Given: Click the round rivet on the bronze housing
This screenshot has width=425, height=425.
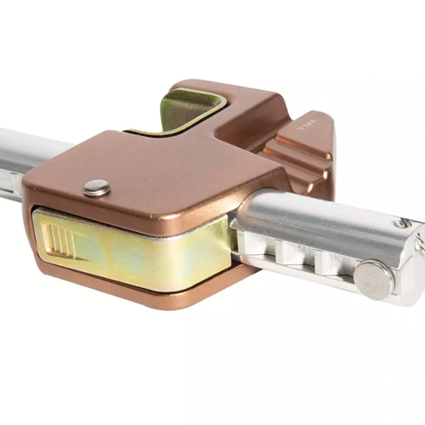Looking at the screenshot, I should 97,188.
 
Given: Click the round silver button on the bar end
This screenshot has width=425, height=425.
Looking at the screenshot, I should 373,280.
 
